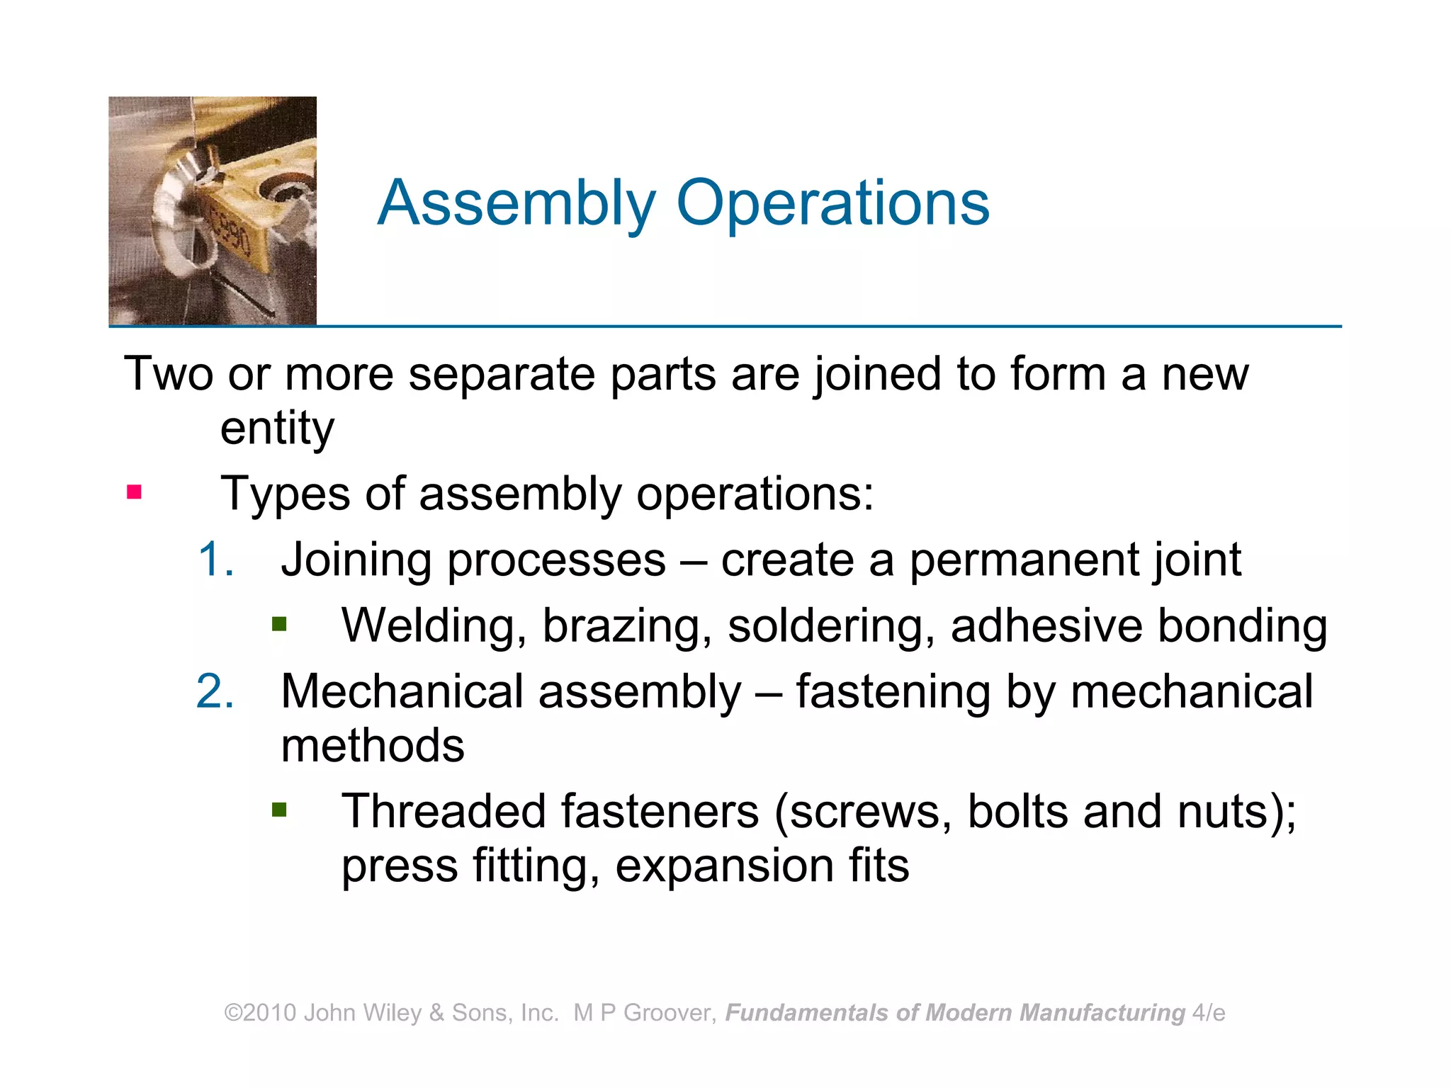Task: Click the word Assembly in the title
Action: pos(516,203)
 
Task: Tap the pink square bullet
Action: pos(134,492)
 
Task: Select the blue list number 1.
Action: pos(215,559)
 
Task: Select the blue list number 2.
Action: pos(215,691)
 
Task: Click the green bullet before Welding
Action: pos(279,624)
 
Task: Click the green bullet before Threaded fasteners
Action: pos(279,810)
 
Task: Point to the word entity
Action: pos(277,429)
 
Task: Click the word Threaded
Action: pos(444,811)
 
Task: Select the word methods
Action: pos(373,745)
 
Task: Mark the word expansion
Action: pos(724,866)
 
